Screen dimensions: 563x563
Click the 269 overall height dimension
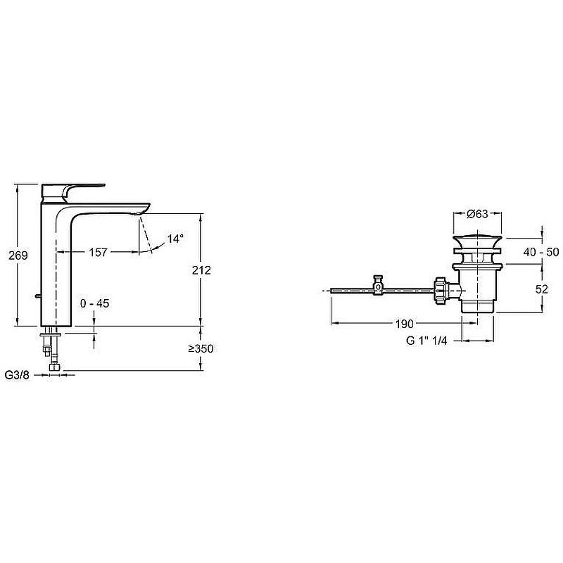click(x=18, y=255)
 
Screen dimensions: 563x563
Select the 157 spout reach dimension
click(x=98, y=252)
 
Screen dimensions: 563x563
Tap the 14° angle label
click(x=175, y=239)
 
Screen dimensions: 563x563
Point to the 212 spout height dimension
click(x=201, y=270)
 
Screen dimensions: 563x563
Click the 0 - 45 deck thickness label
click(x=95, y=303)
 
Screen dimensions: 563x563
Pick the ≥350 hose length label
click(x=201, y=348)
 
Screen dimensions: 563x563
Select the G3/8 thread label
click(x=17, y=375)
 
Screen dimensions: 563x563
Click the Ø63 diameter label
click(x=478, y=214)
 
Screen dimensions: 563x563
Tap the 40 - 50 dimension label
click(x=541, y=252)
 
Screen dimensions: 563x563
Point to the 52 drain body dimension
click(x=541, y=289)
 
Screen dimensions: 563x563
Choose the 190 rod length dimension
click(x=405, y=324)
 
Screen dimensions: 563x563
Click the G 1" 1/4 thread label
click(x=426, y=341)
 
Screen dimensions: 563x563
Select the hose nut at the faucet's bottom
click(x=55, y=367)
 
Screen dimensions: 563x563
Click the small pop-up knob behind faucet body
click(x=37, y=296)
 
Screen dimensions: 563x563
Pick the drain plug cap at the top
click(x=477, y=241)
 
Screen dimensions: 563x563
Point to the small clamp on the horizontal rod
click(x=379, y=285)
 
